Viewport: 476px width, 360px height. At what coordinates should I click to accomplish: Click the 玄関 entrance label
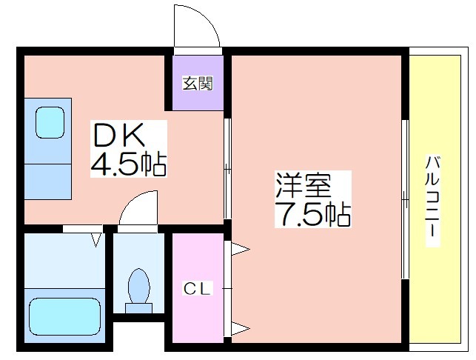[x=198, y=83]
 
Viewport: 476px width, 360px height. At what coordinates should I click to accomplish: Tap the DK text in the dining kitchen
[x=118, y=135]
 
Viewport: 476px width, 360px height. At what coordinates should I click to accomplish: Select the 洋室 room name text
[x=303, y=184]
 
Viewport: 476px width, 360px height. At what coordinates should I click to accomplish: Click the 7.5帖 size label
[x=312, y=215]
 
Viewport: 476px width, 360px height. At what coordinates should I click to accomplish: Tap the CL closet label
[x=197, y=288]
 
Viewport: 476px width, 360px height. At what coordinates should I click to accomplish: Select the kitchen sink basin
[x=50, y=122]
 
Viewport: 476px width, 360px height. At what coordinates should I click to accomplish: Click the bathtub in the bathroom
[x=64, y=316]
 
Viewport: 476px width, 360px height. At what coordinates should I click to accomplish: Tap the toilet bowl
[x=139, y=286]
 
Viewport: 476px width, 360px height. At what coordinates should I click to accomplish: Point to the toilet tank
[x=138, y=307]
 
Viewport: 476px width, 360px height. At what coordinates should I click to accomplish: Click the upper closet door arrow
[x=241, y=249]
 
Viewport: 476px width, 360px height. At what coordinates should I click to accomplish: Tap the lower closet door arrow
[x=241, y=328]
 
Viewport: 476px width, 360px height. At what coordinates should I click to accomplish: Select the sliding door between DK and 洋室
[x=227, y=168]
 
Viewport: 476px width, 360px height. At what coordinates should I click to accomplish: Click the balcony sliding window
[x=405, y=199]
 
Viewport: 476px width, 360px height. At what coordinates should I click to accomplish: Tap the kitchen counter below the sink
[x=48, y=181]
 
